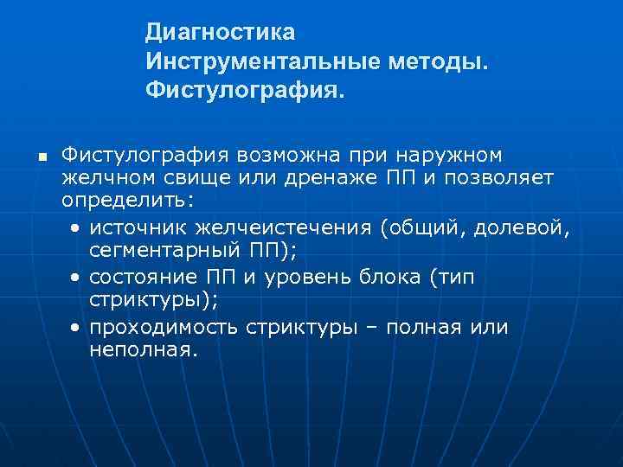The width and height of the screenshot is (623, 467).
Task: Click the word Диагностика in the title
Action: (220, 32)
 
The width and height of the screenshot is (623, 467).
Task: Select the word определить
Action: (128, 200)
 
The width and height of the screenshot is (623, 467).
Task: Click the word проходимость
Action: (164, 329)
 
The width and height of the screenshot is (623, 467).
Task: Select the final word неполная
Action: (144, 350)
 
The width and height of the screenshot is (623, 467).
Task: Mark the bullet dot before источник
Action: (77, 228)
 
